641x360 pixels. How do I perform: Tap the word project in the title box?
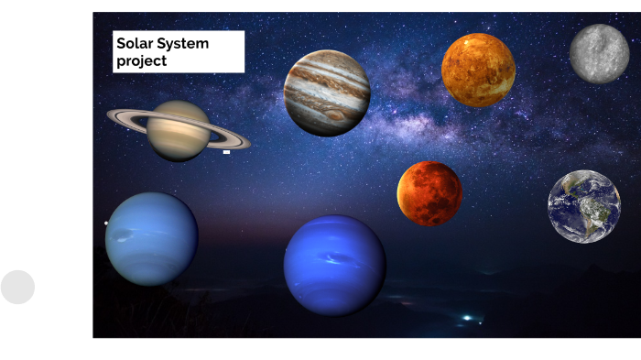coord(141,61)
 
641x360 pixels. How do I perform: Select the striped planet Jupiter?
coord(327,93)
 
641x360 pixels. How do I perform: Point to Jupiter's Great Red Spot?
coord(336,115)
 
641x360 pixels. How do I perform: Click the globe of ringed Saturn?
coord(179,131)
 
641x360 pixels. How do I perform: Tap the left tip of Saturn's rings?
coord(110,115)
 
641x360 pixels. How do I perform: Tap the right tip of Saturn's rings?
coord(247,144)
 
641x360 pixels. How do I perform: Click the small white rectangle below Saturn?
coord(226,152)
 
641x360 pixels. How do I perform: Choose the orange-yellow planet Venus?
coord(478,71)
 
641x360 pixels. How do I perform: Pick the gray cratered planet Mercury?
coord(599,54)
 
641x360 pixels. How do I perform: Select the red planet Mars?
coord(429,193)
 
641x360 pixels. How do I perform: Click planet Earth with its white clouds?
coord(584,207)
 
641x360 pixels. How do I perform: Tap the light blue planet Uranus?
coord(151,238)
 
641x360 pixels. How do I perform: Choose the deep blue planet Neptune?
coord(334,266)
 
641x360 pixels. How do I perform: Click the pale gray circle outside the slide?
coord(17,287)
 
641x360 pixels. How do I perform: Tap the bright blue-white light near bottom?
coord(468,317)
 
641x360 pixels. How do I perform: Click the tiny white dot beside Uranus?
coord(106,223)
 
